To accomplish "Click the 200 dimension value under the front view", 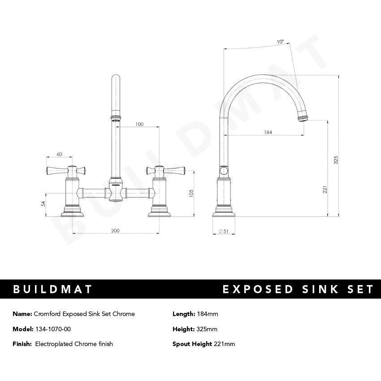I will (x=115, y=230).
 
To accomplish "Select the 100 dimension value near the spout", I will (x=139, y=124).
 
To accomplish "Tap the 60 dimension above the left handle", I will (x=59, y=154).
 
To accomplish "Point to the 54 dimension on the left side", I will (x=43, y=203).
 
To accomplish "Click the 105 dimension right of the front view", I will (x=191, y=193).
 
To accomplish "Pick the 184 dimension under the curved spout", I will (x=268, y=132).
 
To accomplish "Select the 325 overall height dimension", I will (x=336, y=160).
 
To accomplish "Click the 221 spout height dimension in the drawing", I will (x=325, y=190).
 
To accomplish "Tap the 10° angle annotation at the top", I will (x=280, y=42).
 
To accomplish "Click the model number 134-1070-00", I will (x=52, y=329).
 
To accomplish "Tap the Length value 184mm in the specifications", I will (x=207, y=314).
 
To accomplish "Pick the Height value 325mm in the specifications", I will (x=207, y=329).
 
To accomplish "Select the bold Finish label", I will (x=22, y=344).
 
